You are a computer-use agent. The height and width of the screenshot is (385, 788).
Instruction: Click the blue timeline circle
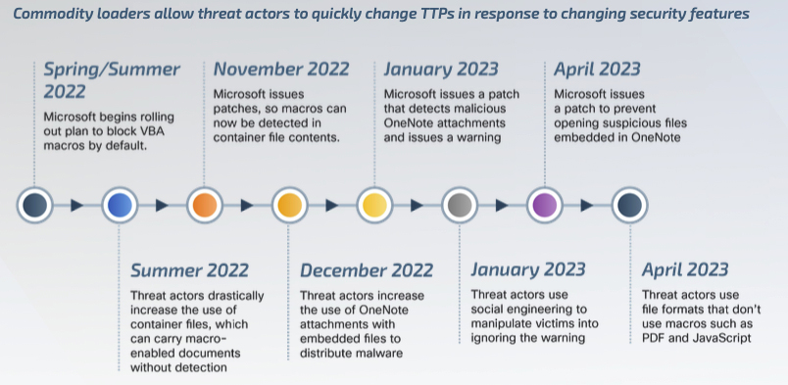[120, 206]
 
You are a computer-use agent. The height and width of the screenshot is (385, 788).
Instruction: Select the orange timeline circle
[204, 206]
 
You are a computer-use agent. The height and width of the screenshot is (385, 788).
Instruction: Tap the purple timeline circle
[544, 206]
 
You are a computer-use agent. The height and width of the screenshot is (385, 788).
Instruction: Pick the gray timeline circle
[459, 206]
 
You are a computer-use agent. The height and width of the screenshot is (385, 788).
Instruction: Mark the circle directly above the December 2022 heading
[289, 206]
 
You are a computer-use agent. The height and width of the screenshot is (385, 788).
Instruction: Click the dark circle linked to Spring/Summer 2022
[35, 206]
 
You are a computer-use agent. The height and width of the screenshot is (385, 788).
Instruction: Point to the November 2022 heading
[281, 69]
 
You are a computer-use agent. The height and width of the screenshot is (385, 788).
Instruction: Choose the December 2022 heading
[367, 270]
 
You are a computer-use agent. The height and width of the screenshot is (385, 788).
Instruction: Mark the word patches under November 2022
[235, 109]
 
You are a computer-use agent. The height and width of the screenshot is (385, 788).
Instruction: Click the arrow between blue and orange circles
[162, 206]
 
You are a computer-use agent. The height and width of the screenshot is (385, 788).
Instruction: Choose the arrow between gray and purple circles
[502, 206]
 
